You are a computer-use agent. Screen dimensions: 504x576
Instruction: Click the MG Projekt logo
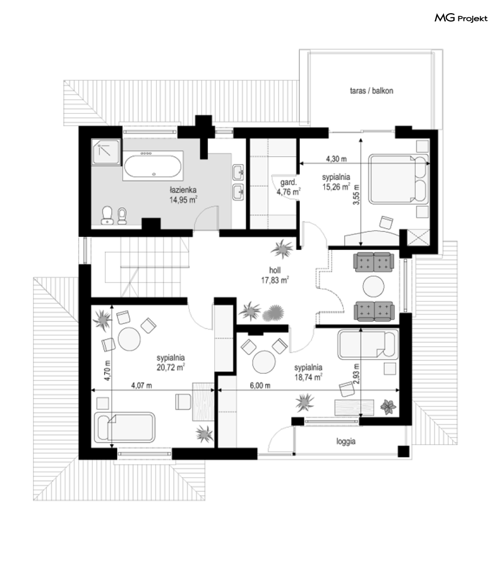coord(460,18)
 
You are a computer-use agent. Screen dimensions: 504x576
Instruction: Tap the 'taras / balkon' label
coord(371,91)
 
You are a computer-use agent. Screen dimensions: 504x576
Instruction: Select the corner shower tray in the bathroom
coord(106,151)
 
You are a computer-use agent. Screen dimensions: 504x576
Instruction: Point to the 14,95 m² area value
coord(183,200)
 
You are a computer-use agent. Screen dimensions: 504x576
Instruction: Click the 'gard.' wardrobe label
coord(289,182)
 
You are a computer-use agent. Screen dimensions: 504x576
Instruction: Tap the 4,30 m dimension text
coord(336,159)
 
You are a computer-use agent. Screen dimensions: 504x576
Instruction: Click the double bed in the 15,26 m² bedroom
coord(399,179)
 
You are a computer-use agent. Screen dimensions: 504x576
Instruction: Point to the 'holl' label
coord(275,270)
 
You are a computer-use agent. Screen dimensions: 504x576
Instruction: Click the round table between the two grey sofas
coord(374,286)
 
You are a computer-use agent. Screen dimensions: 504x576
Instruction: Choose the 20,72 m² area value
coord(171,367)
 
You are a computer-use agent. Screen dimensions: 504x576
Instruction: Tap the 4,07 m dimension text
coord(141,386)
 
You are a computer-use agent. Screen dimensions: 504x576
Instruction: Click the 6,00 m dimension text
coord(260,386)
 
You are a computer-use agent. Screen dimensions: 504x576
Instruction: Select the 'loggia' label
coord(346,441)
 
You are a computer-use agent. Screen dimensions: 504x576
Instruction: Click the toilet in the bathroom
coord(107,215)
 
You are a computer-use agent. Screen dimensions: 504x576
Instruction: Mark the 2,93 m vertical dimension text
coord(357,374)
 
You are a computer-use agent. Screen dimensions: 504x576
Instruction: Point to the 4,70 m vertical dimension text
coord(107,370)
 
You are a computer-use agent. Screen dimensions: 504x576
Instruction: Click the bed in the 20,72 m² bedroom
coord(125,427)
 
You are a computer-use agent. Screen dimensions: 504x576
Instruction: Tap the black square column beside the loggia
coord(403,451)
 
